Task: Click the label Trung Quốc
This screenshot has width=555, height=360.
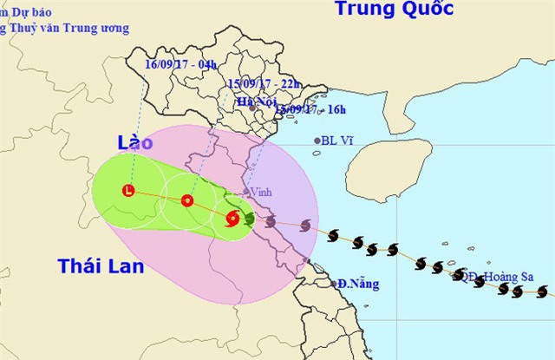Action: tap(394, 10)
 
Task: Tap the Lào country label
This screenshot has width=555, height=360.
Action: tap(135, 143)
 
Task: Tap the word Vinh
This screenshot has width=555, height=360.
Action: tap(262, 193)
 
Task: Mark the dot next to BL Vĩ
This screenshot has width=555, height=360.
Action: tap(317, 141)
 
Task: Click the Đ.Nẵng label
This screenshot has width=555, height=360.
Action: tap(356, 284)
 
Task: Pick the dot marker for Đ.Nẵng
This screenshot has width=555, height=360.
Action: tap(334, 284)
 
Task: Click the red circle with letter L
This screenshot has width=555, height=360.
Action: tap(129, 191)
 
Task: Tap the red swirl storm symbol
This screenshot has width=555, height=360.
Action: tap(232, 219)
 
